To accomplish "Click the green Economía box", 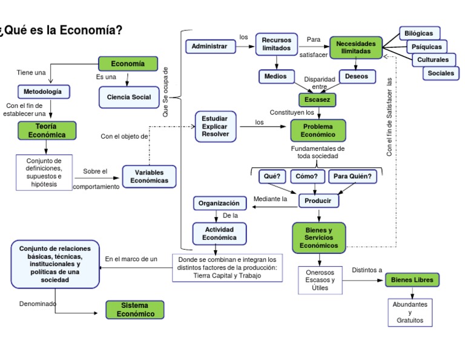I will click(128, 64).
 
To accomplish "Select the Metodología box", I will click(43, 92).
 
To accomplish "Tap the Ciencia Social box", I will click(129, 97).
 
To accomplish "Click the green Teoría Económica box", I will click(47, 130).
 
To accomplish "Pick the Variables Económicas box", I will click(149, 176).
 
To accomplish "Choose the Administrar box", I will click(209, 46).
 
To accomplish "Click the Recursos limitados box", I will click(277, 44).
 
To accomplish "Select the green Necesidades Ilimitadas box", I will click(356, 48).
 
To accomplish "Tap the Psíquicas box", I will click(426, 47).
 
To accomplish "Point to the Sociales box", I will click(441, 73).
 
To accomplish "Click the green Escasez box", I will click(317, 99).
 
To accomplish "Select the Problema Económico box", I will click(318, 130).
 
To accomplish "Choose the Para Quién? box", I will click(352, 176).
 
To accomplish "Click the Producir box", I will click(318, 200).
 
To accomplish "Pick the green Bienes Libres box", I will click(412, 279).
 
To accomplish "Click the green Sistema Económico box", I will click(134, 310).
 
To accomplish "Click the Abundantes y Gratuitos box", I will click(410, 312).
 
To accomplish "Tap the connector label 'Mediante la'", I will click(270, 199).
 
